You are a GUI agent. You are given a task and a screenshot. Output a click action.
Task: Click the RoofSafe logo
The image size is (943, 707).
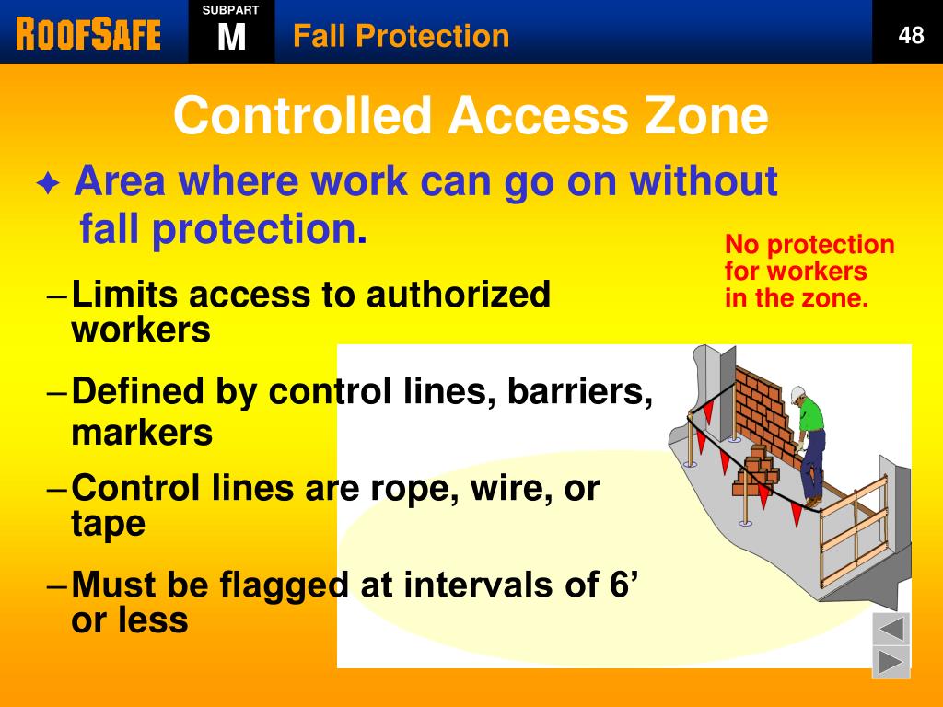(88, 34)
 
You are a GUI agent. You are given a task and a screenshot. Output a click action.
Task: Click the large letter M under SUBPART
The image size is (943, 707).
(231, 38)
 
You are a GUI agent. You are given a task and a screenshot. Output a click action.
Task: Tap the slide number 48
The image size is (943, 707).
(911, 36)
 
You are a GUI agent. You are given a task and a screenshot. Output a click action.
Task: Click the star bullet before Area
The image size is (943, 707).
(48, 185)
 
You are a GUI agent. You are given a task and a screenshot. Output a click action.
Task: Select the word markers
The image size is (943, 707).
(142, 432)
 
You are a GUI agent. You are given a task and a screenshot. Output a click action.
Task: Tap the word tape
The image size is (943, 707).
(108, 524)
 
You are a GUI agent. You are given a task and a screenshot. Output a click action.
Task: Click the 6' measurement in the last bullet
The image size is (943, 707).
(624, 584)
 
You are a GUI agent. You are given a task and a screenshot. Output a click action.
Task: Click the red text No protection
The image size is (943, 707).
(809, 245)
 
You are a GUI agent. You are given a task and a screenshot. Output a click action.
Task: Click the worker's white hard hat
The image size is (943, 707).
(797, 394)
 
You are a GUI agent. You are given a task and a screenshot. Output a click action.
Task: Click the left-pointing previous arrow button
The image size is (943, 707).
(891, 630)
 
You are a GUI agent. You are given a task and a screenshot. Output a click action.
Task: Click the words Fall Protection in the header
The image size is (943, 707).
(401, 36)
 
